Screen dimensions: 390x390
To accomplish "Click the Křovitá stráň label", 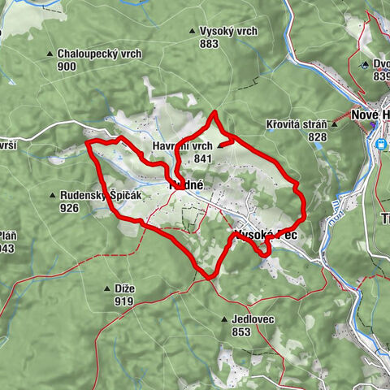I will point(296,125).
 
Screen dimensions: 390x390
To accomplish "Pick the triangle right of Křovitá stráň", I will point(334,125).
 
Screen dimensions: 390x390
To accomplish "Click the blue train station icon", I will point(380,144).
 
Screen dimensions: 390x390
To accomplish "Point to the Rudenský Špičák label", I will point(100,196).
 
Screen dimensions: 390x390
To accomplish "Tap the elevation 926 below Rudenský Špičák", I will point(69,208).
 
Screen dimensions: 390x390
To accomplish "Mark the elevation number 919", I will point(124,301).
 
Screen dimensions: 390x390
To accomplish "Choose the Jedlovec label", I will point(252,320).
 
